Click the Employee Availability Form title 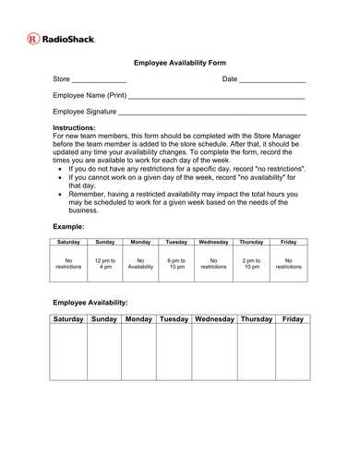(180, 63)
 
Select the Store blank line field (99, 81)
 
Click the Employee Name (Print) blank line (217, 97)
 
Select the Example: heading (68, 226)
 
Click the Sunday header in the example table (105, 242)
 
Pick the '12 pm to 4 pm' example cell (105, 264)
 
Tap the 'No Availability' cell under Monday (140, 264)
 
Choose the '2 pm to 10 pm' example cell (251, 264)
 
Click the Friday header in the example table (288, 242)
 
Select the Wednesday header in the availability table (214, 319)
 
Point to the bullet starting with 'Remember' (185, 202)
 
